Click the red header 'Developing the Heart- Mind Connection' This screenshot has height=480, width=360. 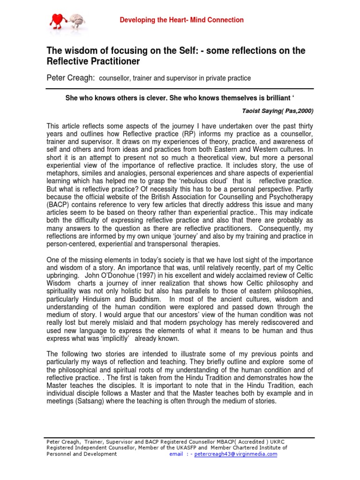tap(182, 20)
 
